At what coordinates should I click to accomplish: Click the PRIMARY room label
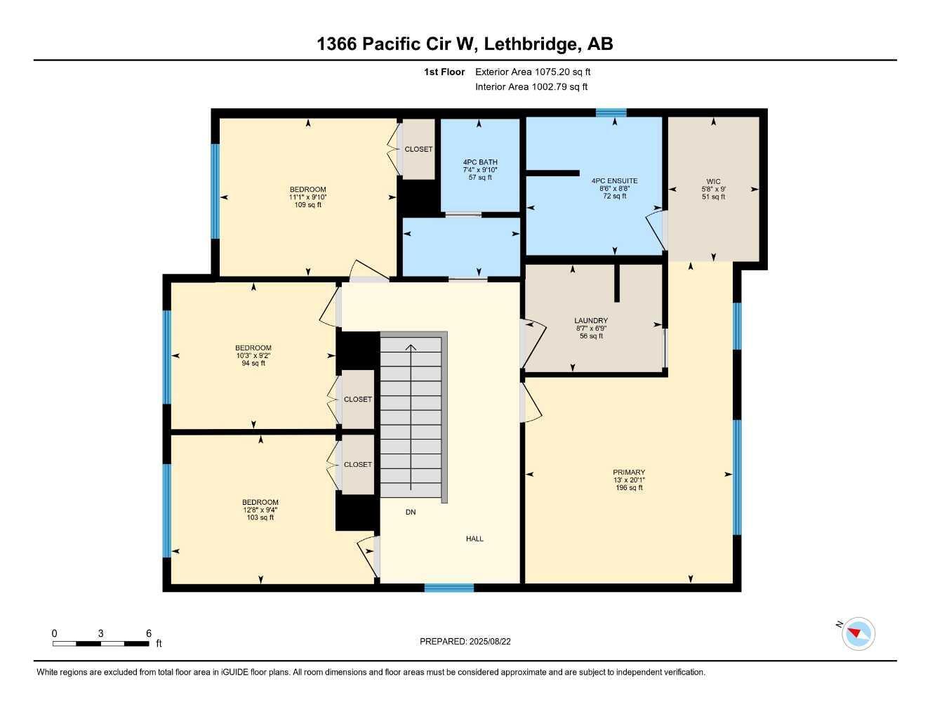pos(628,473)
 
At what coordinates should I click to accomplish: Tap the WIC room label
pos(713,181)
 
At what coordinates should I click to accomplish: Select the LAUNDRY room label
pos(591,321)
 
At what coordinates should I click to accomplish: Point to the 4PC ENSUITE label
pos(614,180)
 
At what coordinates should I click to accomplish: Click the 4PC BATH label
pos(480,162)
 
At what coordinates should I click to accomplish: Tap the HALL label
pos(474,539)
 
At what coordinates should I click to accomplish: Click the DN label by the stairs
pos(411,512)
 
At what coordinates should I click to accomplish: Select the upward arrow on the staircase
pos(411,347)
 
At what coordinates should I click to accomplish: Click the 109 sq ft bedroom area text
pos(307,205)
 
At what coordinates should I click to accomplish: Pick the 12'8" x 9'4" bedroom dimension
pos(260,510)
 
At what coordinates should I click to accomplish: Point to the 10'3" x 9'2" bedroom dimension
pos(253,355)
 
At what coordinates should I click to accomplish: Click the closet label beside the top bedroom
pos(418,149)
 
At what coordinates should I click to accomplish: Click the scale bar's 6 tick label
pos(148,633)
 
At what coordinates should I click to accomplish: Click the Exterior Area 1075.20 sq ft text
pos(533,72)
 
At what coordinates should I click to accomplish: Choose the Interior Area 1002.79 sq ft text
pos(531,87)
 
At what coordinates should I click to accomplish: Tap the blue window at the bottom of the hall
pos(449,588)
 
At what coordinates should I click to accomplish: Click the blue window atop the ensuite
pos(611,112)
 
